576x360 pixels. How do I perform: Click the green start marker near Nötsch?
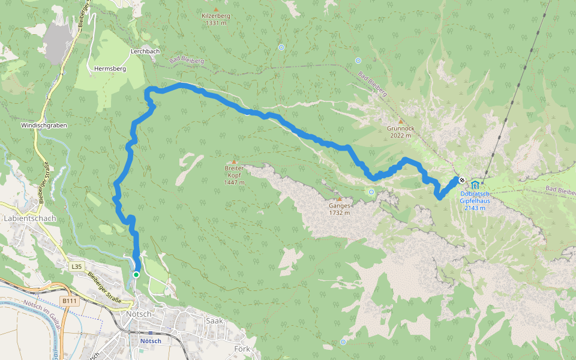pyautogui.click(x=136, y=275)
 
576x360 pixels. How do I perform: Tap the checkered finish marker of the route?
pyautogui.click(x=462, y=180)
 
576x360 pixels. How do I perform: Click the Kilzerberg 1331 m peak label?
pyautogui.click(x=215, y=19)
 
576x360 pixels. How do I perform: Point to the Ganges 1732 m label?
pyautogui.click(x=339, y=209)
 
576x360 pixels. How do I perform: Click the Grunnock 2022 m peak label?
pyautogui.click(x=401, y=132)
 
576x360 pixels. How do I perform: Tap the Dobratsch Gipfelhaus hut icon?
pyautogui.click(x=475, y=184)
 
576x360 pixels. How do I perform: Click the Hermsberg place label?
pyautogui.click(x=110, y=69)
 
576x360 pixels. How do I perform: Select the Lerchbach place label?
pyautogui.click(x=145, y=52)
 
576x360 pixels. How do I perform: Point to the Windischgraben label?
pyautogui.click(x=44, y=125)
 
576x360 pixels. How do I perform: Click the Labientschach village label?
pyautogui.click(x=29, y=218)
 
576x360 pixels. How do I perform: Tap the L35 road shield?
pyautogui.click(x=76, y=266)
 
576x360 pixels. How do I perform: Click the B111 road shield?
pyautogui.click(x=70, y=301)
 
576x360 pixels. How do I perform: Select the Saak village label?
pyautogui.click(x=214, y=321)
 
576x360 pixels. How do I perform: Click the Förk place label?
pyautogui.click(x=242, y=349)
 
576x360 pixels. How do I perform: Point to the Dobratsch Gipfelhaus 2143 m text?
pyautogui.click(x=476, y=201)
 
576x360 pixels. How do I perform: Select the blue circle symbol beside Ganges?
pyautogui.click(x=371, y=192)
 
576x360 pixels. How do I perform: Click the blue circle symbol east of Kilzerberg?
pyautogui.click(x=281, y=47)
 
